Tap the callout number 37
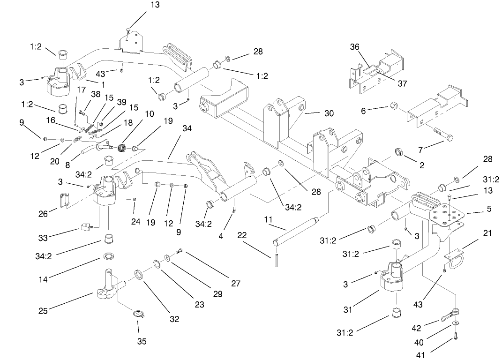[x=402, y=83]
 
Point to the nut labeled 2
[x=401, y=151]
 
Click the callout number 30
[x=329, y=113]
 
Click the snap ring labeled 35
[x=139, y=314]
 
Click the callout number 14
[x=43, y=279]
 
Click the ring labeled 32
[x=140, y=274]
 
